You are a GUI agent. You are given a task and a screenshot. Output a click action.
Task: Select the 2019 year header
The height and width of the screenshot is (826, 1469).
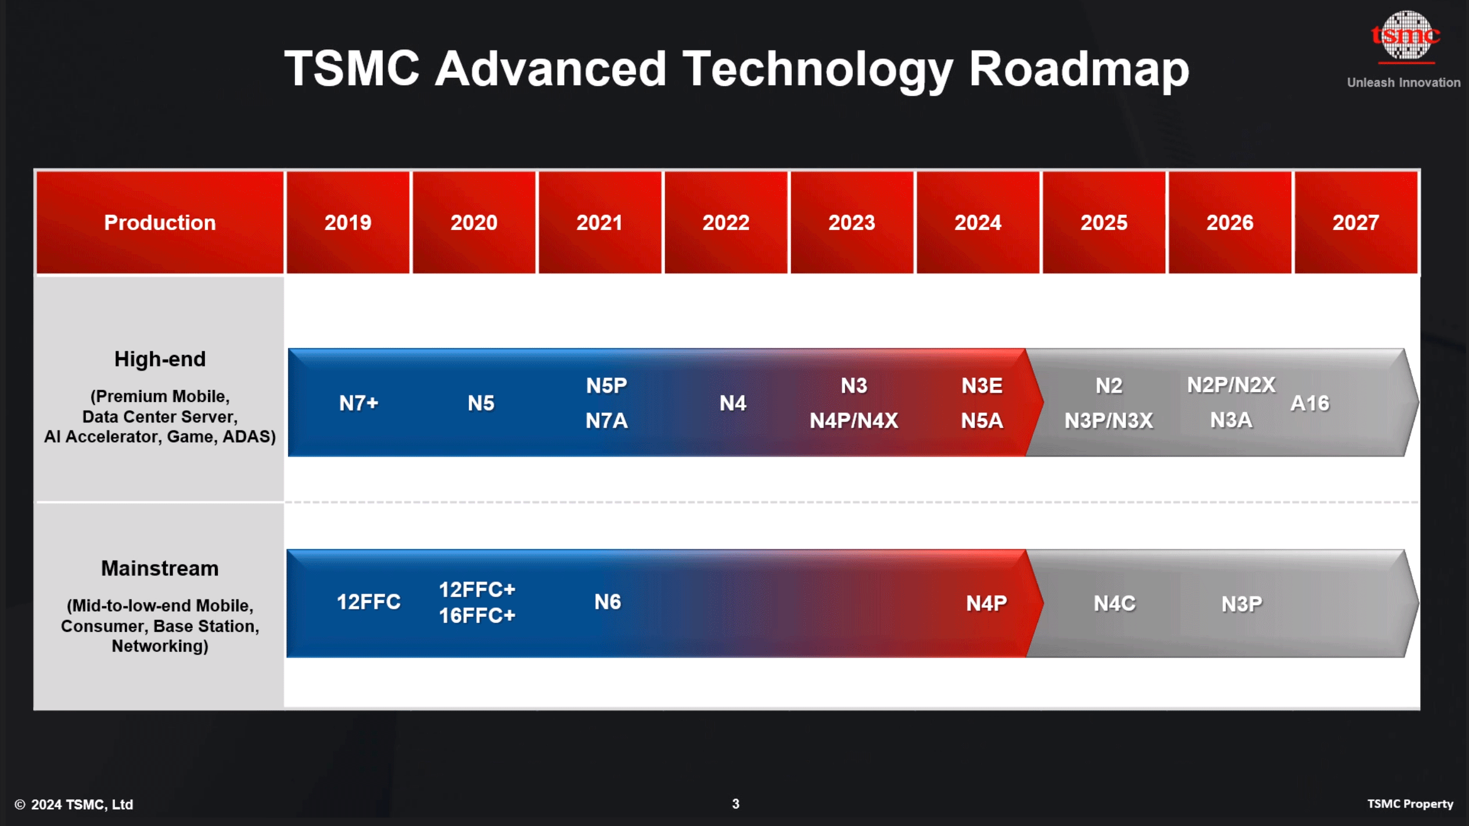point(347,222)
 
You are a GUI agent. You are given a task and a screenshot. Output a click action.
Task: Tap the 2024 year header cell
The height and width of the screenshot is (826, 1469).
point(978,222)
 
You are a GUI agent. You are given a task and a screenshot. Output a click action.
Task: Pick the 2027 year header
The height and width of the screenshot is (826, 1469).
point(1356,222)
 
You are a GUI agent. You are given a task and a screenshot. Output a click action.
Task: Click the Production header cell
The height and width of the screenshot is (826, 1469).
point(160,222)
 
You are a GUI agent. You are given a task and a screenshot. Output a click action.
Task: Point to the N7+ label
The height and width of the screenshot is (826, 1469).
point(358,403)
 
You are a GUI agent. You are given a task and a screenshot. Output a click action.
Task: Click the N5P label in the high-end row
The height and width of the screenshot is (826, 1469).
point(606,386)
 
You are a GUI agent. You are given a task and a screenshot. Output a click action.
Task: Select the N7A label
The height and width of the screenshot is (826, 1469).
point(606,421)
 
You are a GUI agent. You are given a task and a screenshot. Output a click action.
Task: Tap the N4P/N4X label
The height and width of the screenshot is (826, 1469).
point(854,421)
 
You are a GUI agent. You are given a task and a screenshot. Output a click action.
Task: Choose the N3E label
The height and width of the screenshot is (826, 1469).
point(982,386)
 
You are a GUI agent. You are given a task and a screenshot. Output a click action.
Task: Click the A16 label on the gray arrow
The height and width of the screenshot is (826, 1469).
point(1309,403)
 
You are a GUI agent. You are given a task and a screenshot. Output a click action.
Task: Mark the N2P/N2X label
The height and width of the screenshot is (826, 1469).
point(1231,385)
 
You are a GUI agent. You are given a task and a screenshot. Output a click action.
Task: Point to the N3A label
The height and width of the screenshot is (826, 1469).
point(1231,420)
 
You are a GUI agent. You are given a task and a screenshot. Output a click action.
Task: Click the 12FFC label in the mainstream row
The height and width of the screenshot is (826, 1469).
point(368,602)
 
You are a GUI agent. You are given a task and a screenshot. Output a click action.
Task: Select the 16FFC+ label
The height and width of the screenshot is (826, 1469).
point(477,616)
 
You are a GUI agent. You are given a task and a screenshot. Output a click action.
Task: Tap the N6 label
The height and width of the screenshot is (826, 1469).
point(608,602)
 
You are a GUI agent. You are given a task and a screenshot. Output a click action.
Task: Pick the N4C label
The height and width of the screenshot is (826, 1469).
point(1114,604)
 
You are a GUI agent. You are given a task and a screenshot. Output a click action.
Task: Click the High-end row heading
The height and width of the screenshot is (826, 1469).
point(160,359)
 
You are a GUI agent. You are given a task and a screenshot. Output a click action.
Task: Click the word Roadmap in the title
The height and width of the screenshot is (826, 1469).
point(1079,69)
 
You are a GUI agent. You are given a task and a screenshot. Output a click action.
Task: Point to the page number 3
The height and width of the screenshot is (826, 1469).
point(735,804)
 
